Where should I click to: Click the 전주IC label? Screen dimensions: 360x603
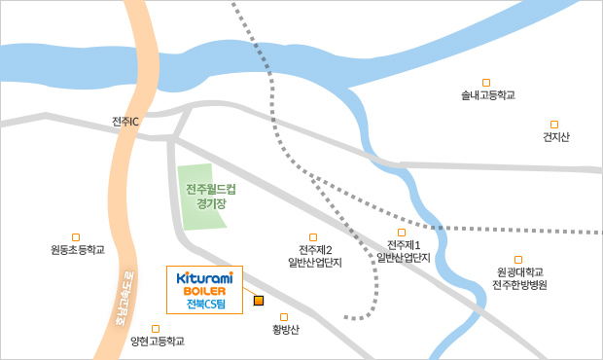[x=126, y=122]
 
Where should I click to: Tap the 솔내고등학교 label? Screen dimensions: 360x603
[x=487, y=95]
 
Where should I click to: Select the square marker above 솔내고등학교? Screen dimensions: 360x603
[x=486, y=82]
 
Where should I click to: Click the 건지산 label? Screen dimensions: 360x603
[x=555, y=137]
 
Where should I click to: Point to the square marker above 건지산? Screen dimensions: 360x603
[x=554, y=124]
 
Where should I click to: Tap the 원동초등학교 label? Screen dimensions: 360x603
[x=77, y=250]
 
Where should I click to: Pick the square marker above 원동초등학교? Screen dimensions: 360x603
[x=76, y=235]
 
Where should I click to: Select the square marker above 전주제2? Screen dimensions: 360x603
[x=313, y=236]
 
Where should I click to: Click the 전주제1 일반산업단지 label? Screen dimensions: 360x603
[x=404, y=250]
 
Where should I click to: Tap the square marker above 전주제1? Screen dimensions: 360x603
[x=402, y=232]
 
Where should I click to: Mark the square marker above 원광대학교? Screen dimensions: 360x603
[x=518, y=260]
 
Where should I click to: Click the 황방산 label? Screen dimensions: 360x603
[x=286, y=330]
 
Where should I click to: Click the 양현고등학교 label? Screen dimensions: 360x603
[x=157, y=342]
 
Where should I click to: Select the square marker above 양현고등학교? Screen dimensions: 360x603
[x=157, y=328]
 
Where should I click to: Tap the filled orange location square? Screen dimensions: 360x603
[x=259, y=300]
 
